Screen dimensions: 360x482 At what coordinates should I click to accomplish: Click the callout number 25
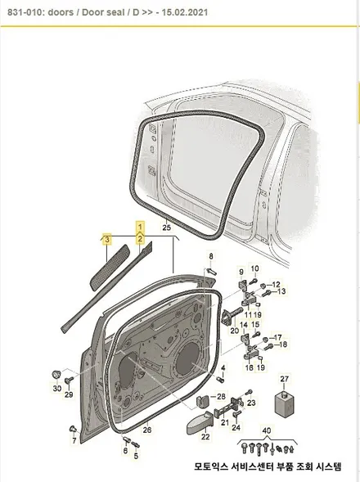(166, 227)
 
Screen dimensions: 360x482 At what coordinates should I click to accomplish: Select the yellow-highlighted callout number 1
(140, 227)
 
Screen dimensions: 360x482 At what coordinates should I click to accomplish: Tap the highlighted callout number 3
(106, 239)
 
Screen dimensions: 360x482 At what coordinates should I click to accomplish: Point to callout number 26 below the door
(147, 430)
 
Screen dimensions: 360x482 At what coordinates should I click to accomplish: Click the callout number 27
(285, 378)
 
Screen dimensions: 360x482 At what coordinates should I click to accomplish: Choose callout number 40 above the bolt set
(267, 430)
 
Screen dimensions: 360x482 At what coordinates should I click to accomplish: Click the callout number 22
(205, 436)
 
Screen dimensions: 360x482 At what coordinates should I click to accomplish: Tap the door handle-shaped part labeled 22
(200, 424)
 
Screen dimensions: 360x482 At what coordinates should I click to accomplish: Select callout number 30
(57, 389)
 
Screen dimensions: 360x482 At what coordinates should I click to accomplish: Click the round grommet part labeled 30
(56, 375)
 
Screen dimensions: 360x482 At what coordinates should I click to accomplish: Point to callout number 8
(211, 256)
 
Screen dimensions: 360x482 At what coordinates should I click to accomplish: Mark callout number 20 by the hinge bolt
(235, 331)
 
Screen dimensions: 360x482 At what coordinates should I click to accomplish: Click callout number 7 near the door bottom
(74, 440)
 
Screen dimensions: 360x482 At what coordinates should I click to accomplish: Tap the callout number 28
(221, 397)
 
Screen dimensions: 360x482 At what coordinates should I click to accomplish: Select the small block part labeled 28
(203, 400)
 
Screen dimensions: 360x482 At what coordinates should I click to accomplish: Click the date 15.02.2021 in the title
(185, 12)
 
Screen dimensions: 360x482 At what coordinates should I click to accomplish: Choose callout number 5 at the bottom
(136, 456)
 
